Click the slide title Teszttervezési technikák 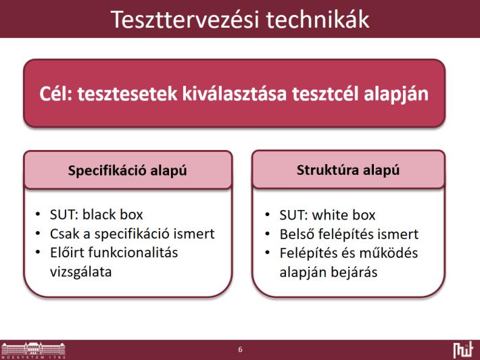[x=240, y=20]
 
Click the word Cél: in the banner [x=55, y=93]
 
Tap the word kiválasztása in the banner [x=235, y=93]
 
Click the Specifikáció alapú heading [x=127, y=170]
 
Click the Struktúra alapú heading [x=348, y=170]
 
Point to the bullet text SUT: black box [x=97, y=214]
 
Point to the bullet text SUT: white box [x=327, y=215]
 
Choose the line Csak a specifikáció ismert [x=133, y=234]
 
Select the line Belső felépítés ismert [x=349, y=234]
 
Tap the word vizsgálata [x=81, y=272]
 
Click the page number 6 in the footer [x=240, y=350]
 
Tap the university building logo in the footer [x=33, y=351]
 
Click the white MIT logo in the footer [x=463, y=351]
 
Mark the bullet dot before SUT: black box [x=38, y=214]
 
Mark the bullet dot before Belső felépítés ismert [x=268, y=234]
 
